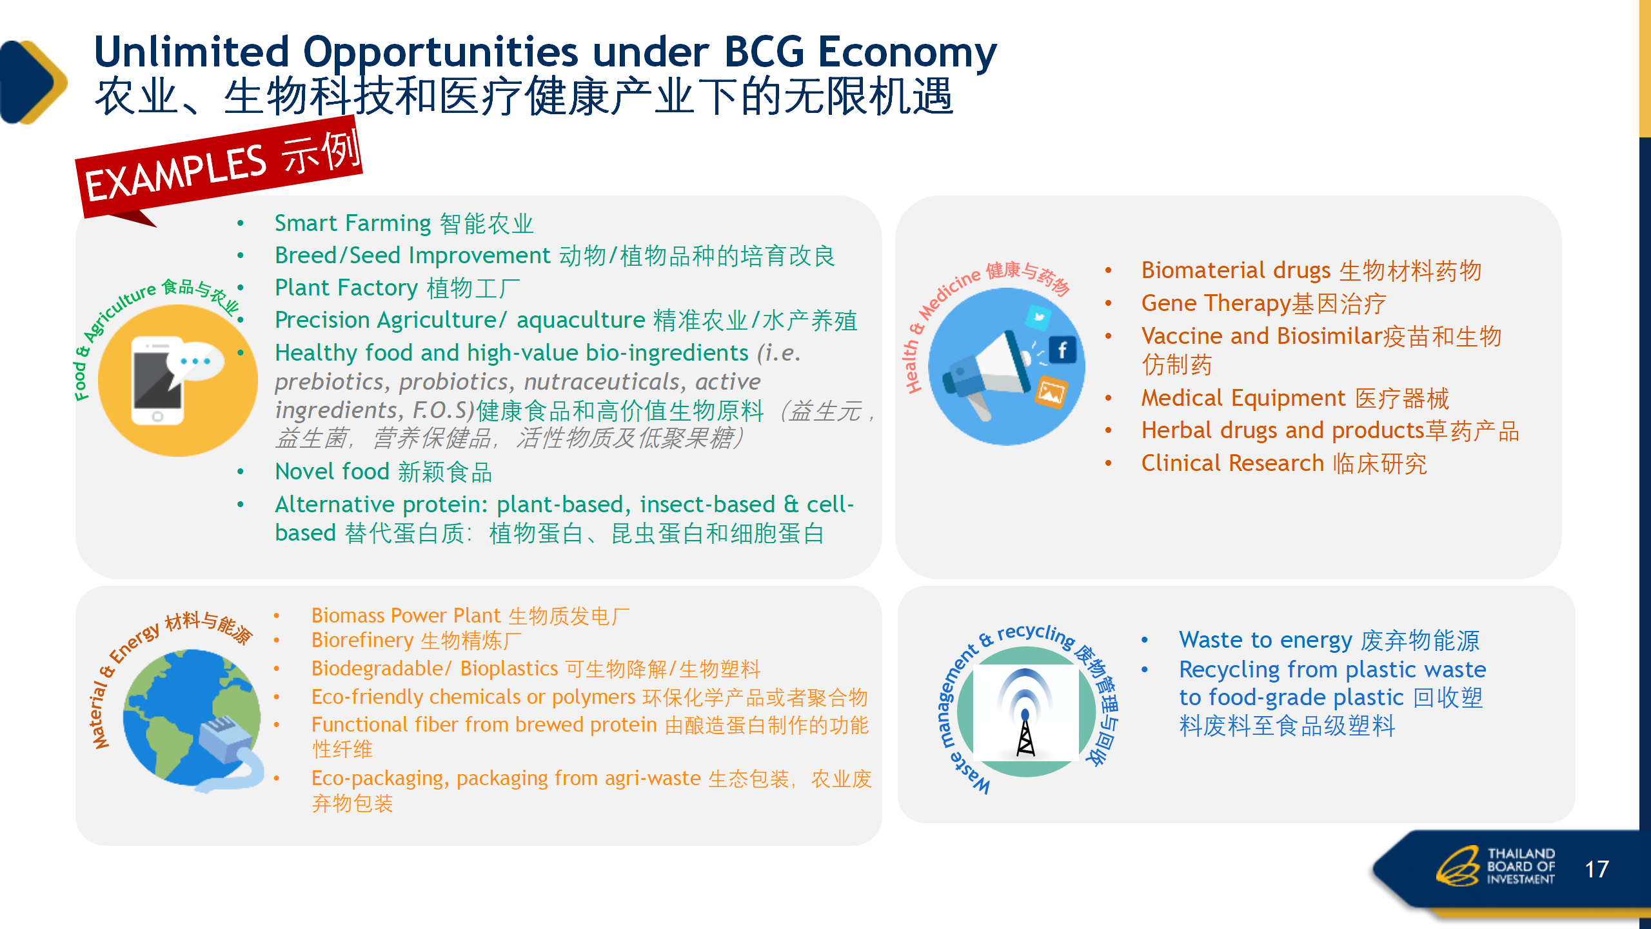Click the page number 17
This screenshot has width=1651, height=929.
1597,869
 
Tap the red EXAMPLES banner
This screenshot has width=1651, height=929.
219,169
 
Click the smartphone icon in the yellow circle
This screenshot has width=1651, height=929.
159,381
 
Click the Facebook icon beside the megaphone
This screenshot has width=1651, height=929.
1062,350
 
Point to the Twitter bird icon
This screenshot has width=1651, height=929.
1038,317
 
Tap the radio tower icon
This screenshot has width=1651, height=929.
1025,713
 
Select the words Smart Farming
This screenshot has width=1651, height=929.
353,223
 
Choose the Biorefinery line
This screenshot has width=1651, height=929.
416,641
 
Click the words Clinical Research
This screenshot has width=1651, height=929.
1232,463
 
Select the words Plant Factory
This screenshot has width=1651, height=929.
346,288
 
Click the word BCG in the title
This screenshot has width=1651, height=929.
764,52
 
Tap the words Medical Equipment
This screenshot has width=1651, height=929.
1242,398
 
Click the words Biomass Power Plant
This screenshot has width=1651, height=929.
406,615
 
